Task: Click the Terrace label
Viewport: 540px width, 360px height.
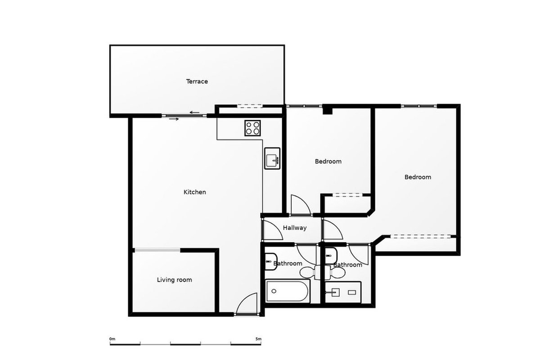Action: tap(197, 81)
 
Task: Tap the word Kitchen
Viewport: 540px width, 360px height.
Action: tap(194, 192)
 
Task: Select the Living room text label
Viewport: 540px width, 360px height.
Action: tap(174, 280)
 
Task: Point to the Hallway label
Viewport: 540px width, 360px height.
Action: tap(295, 228)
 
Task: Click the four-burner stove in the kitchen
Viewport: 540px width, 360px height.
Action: tap(252, 128)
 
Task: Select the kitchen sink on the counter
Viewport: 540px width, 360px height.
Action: tap(272, 158)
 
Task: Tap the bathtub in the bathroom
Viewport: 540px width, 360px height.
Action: tap(288, 291)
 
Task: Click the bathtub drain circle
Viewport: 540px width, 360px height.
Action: tap(274, 291)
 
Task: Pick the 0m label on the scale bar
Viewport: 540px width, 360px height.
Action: tap(112, 339)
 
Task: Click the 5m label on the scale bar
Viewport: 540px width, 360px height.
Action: tap(258, 339)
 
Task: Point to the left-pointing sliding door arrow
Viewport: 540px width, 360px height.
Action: tap(194, 112)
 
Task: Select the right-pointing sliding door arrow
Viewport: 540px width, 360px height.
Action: tap(174, 119)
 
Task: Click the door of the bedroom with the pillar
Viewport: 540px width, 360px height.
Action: tap(301, 204)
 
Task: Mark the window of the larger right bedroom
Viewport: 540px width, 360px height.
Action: tap(419, 106)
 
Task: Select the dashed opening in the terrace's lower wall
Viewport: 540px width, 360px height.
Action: tap(250, 106)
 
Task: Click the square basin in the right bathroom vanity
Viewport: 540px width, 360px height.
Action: tap(335, 292)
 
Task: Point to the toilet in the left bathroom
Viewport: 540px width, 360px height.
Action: tap(308, 272)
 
